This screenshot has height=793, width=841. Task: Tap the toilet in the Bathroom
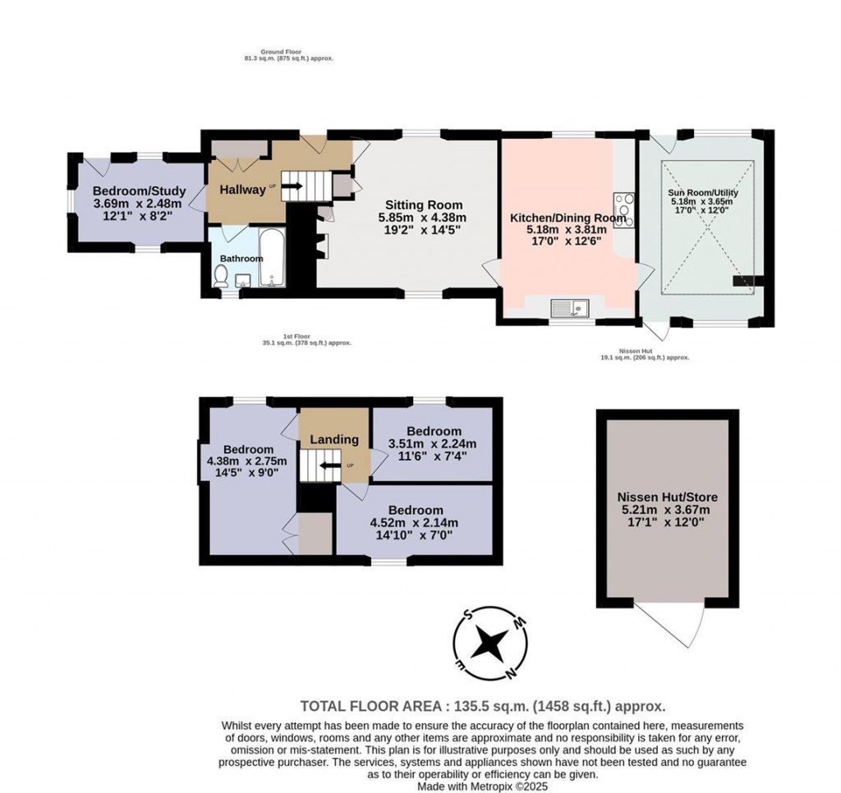(x=220, y=277)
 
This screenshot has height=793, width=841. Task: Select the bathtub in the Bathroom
(x=271, y=258)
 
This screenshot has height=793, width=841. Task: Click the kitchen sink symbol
(x=572, y=308)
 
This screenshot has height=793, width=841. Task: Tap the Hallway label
(x=241, y=189)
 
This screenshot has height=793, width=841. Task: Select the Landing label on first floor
(x=334, y=439)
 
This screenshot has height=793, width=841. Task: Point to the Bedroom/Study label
(x=140, y=191)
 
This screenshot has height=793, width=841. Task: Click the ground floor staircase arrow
(x=293, y=186)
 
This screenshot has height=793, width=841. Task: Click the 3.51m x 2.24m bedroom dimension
(x=432, y=444)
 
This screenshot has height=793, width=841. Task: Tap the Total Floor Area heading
(x=482, y=705)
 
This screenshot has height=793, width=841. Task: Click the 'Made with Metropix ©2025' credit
(x=482, y=786)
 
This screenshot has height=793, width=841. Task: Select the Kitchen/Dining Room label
(x=568, y=218)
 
